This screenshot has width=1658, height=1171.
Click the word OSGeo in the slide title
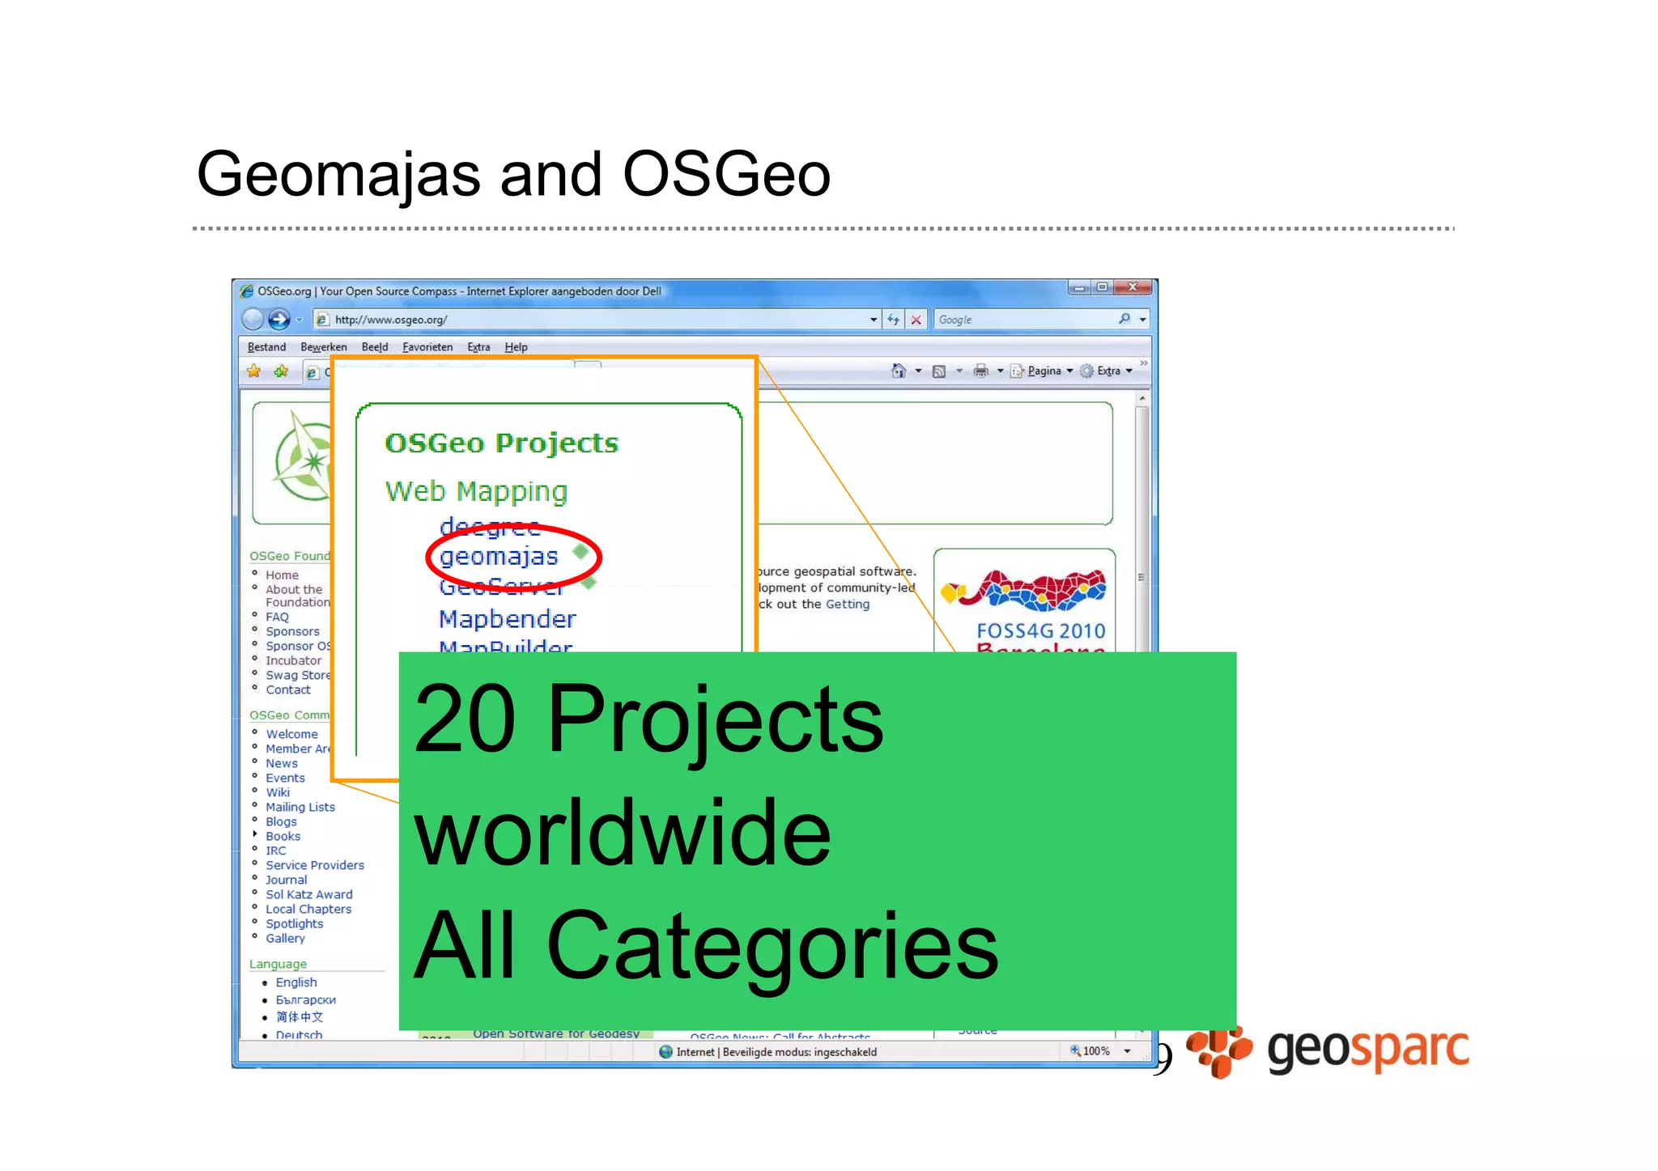pyautogui.click(x=726, y=174)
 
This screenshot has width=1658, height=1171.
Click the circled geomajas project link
pyautogui.click(x=499, y=557)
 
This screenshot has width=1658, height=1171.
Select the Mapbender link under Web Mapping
pyautogui.click(x=507, y=619)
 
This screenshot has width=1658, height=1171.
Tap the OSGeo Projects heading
pyautogui.click(x=501, y=443)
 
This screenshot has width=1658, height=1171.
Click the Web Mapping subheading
pyautogui.click(x=476, y=491)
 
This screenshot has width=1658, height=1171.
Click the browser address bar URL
pyautogui.click(x=391, y=320)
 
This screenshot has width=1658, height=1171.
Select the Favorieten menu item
pyautogui.click(x=427, y=347)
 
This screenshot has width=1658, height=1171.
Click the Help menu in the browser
pyautogui.click(x=516, y=347)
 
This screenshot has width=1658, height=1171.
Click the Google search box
pyautogui.click(x=1024, y=320)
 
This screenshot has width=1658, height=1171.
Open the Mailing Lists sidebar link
pyautogui.click(x=300, y=807)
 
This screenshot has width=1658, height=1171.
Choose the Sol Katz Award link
pyautogui.click(x=308, y=894)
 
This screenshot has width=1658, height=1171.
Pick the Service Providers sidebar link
pyautogui.click(x=315, y=865)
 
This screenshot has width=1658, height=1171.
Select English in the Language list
pyautogui.click(x=295, y=982)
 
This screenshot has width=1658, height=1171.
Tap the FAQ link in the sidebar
pyautogui.click(x=277, y=617)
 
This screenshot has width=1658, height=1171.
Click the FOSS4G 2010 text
pyautogui.click(x=1040, y=630)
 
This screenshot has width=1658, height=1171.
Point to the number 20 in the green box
pyautogui.click(x=465, y=719)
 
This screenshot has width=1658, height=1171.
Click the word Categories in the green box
pyautogui.click(x=772, y=945)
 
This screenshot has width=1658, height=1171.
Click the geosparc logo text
pyautogui.click(x=1367, y=1050)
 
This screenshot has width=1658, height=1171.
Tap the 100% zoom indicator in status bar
pyautogui.click(x=1095, y=1051)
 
